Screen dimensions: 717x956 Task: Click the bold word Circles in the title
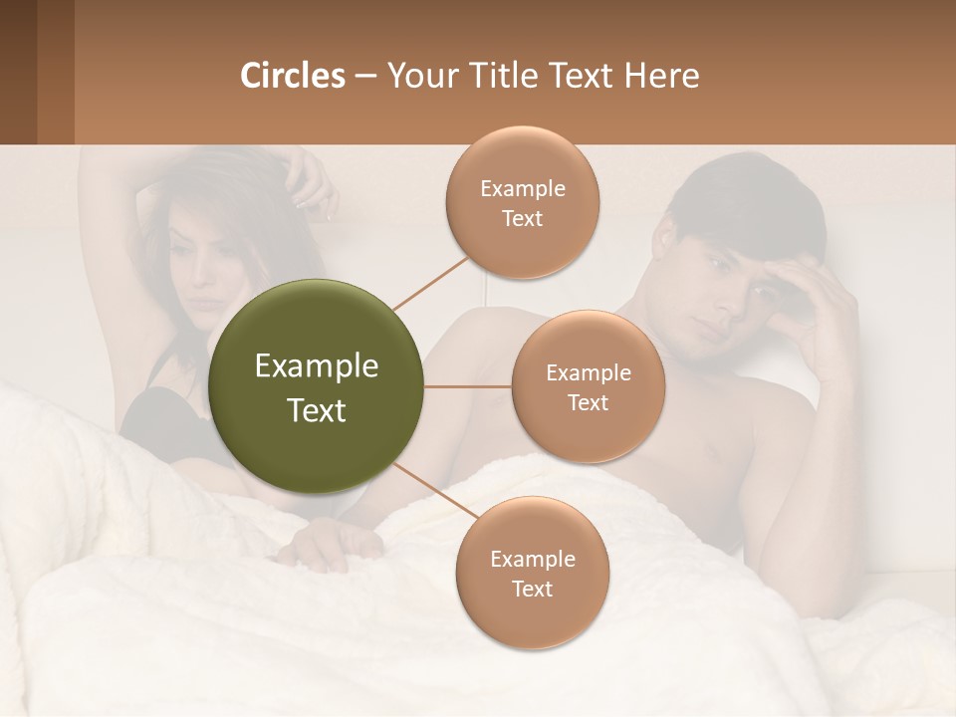(292, 76)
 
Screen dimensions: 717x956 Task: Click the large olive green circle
(317, 386)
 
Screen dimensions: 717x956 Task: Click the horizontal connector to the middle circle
(468, 386)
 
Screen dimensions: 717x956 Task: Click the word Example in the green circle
(317, 366)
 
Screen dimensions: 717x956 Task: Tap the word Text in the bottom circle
(532, 589)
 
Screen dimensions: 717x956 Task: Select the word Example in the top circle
(522, 189)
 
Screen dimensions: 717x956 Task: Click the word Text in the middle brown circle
(589, 402)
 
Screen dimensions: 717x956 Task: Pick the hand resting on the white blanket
(334, 543)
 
